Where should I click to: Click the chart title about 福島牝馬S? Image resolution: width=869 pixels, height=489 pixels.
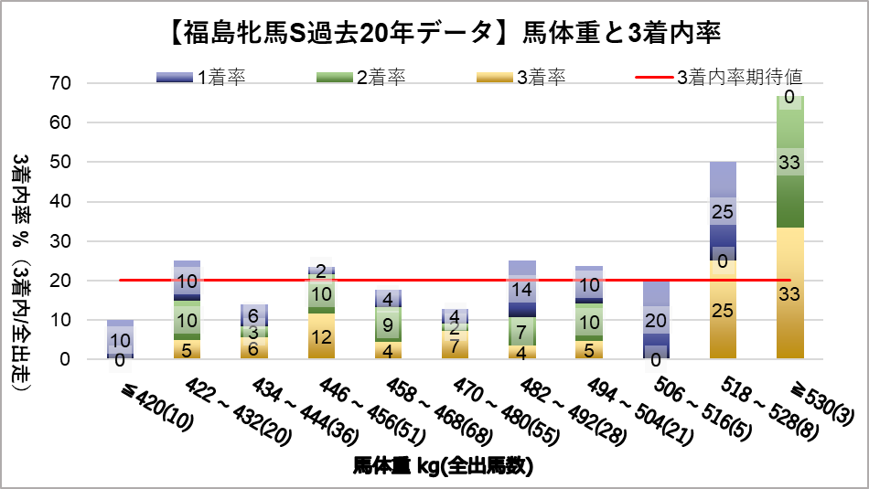pyautogui.click(x=434, y=34)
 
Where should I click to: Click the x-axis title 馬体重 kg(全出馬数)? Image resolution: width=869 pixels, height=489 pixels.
pyautogui.click(x=443, y=466)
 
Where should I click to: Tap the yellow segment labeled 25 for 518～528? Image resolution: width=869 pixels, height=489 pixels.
pyautogui.click(x=722, y=311)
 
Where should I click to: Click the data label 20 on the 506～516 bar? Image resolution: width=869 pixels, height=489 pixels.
pyautogui.click(x=655, y=320)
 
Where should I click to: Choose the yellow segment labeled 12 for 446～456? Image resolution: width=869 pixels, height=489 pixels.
pyautogui.click(x=321, y=336)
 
